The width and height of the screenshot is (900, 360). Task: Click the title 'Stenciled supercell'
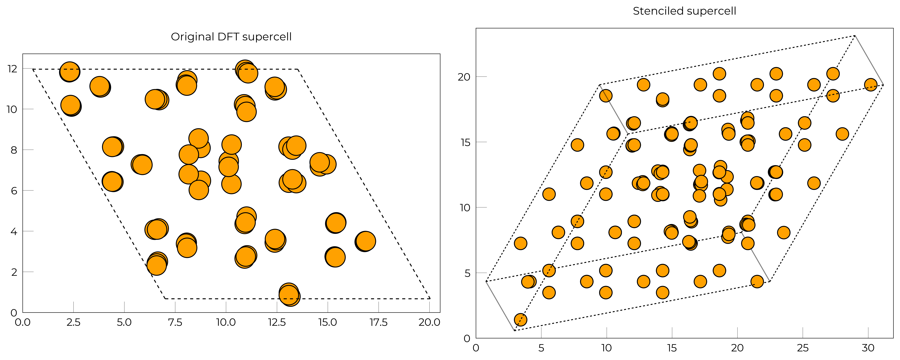tap(684, 11)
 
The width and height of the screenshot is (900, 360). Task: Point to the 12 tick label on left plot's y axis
tap(12, 69)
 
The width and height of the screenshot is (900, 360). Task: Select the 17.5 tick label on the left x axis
tap(378, 322)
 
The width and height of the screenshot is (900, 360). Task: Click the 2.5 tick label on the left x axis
tap(73, 322)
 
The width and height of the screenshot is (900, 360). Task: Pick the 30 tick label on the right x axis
tap(868, 348)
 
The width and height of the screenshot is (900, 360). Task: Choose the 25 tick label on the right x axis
tap(802, 348)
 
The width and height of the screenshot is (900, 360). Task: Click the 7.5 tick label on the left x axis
tap(175, 322)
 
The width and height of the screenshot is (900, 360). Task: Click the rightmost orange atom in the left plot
tap(365, 241)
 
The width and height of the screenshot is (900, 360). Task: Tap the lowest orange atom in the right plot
tap(521, 319)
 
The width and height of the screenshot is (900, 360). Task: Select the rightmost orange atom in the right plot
tap(871, 85)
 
